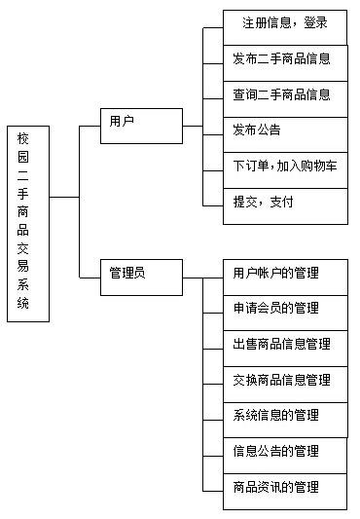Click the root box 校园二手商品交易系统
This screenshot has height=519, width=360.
(x=28, y=223)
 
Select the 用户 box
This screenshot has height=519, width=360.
(x=141, y=125)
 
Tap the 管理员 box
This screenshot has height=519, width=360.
(x=141, y=277)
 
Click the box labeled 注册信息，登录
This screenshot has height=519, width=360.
(x=285, y=21)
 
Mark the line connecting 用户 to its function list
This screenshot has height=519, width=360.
(x=193, y=126)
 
